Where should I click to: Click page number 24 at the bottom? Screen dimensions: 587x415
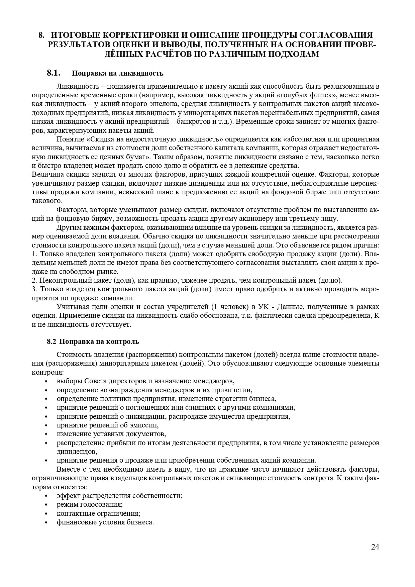coord(375,547)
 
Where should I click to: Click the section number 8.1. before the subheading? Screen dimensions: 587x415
coord(53,73)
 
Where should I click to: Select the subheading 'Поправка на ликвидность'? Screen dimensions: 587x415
coord(117,73)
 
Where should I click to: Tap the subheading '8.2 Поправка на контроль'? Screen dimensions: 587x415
coord(93,341)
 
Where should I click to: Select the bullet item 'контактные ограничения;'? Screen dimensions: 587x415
coord(98,513)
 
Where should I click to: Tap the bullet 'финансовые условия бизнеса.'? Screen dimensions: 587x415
coord(105,522)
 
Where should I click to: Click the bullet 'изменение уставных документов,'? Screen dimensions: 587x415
coord(111,434)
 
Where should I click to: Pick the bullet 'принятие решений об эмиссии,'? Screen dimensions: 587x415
coord(107,425)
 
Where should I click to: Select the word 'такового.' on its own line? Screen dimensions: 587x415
coord(47,201)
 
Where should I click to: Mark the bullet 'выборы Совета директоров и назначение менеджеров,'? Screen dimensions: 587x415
coord(145,381)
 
